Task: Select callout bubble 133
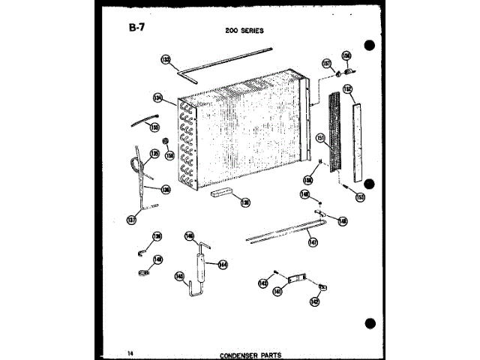[x=166, y=59]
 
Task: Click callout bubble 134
[x=158, y=97]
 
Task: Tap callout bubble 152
[x=347, y=88]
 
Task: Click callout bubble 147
[x=313, y=241]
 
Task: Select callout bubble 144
[x=222, y=263]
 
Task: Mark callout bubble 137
[x=133, y=220]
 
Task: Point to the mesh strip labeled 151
[x=336, y=135]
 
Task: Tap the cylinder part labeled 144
[x=201, y=265]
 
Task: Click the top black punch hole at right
[x=368, y=45]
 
